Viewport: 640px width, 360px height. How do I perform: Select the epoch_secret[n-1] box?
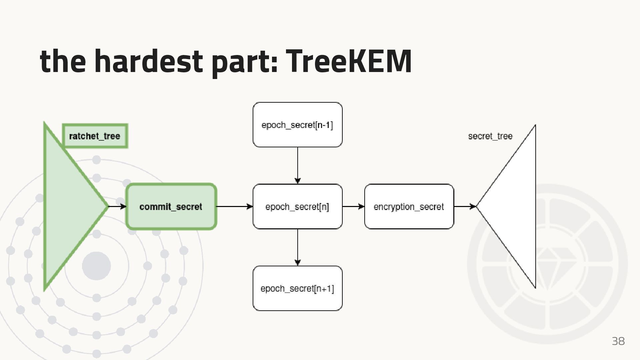point(297,125)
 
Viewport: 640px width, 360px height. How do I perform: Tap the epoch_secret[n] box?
point(297,207)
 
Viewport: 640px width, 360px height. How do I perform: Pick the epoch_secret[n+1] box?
point(297,288)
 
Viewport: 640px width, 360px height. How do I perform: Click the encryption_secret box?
point(409,207)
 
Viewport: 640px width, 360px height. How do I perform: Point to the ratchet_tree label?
point(95,136)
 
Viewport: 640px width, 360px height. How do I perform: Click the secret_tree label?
point(490,136)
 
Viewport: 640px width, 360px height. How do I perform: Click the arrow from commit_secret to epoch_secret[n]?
point(235,207)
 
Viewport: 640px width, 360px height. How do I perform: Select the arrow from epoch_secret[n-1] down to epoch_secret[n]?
point(298,165)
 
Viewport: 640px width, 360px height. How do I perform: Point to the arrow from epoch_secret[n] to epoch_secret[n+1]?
point(298,247)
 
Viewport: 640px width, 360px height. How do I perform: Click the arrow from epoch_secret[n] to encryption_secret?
point(353,207)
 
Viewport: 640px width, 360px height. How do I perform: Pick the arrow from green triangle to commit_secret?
point(117,207)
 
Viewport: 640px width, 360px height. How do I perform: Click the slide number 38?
point(618,341)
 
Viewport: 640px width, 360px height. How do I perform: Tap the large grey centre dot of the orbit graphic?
point(96,266)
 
